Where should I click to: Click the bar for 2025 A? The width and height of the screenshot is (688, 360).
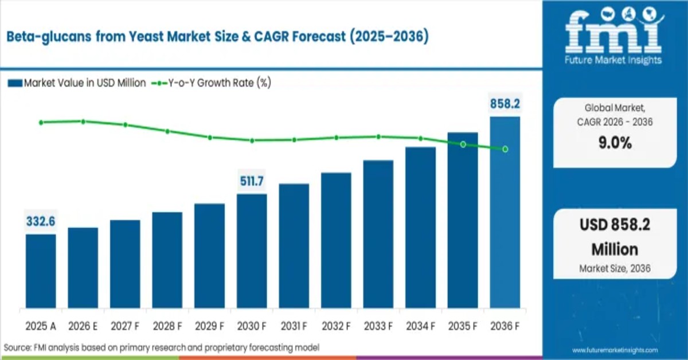pyautogui.click(x=41, y=271)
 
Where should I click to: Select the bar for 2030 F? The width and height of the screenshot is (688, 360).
pyautogui.click(x=252, y=251)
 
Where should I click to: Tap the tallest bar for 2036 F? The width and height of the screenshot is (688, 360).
pyautogui.click(x=505, y=212)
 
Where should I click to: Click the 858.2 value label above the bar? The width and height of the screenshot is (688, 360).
pyautogui.click(x=505, y=104)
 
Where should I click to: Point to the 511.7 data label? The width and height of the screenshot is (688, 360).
pyautogui.click(x=252, y=182)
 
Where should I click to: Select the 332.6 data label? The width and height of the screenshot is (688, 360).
pyautogui.click(x=41, y=221)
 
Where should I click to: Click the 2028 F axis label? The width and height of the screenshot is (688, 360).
pyautogui.click(x=167, y=326)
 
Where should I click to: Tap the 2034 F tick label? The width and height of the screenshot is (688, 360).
pyautogui.click(x=420, y=326)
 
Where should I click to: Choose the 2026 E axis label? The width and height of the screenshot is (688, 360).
pyautogui.click(x=83, y=326)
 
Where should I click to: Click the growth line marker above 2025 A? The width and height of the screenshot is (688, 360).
pyautogui.click(x=41, y=122)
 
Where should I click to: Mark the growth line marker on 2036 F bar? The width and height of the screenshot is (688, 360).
pyautogui.click(x=505, y=149)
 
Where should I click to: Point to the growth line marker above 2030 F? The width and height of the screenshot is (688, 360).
pyautogui.click(x=252, y=140)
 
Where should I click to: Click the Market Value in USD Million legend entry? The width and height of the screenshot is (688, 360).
pyautogui.click(x=77, y=83)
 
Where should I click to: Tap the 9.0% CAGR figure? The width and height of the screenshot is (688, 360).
pyautogui.click(x=614, y=143)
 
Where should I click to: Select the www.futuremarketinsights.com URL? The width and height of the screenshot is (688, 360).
pyautogui.click(x=615, y=350)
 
